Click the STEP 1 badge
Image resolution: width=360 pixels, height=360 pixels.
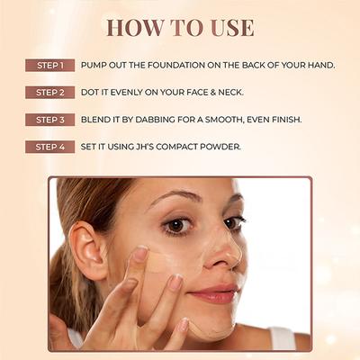click(49, 66)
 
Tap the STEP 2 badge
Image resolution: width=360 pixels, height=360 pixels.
click(49, 93)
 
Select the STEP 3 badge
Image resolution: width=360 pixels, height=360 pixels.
click(49, 120)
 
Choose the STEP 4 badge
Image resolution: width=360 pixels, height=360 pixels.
click(49, 147)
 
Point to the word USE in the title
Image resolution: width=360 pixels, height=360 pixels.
click(229, 27)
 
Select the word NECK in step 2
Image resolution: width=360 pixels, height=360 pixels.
click(228, 93)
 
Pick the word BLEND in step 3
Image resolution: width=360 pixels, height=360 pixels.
click(95, 120)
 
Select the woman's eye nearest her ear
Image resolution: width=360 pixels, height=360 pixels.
click(178, 225)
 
